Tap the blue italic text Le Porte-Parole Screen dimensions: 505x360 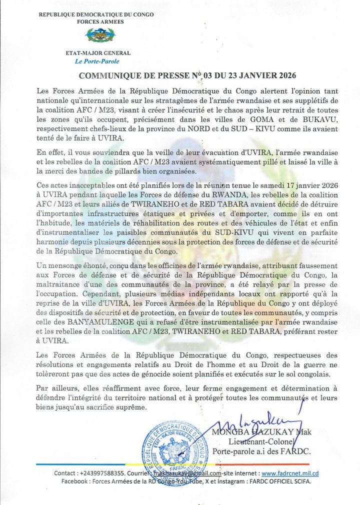coord(97,61)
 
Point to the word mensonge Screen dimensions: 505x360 coord(66,265)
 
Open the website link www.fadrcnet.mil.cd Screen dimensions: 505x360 coord(290,473)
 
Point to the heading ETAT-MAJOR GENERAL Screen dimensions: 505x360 coord(98,53)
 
